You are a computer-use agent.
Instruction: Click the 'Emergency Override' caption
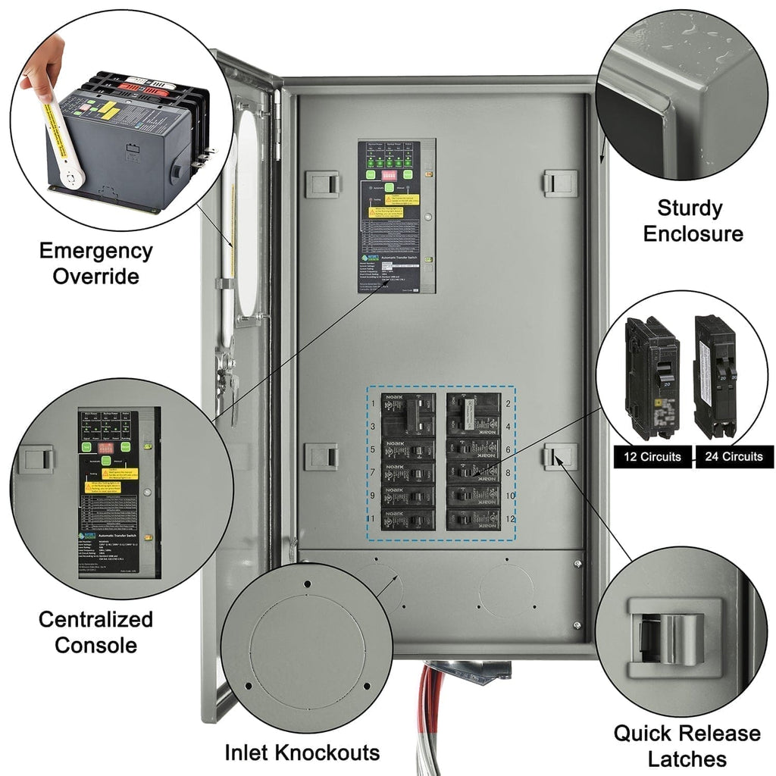[x=95, y=263]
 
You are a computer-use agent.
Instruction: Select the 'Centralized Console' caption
[x=95, y=632]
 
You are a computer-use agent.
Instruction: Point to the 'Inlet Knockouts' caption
[x=302, y=753]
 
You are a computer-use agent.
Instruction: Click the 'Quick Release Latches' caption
[x=687, y=746]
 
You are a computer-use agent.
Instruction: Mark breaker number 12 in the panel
[x=473, y=521]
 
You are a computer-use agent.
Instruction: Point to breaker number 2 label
[x=507, y=403]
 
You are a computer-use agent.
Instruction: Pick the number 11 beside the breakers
[x=374, y=519]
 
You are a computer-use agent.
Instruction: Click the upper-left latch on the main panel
[x=322, y=183]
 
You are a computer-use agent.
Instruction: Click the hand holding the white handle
[x=38, y=74]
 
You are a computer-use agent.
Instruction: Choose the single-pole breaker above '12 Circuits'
[x=651, y=377]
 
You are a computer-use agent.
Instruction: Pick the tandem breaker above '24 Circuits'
[x=715, y=377]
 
